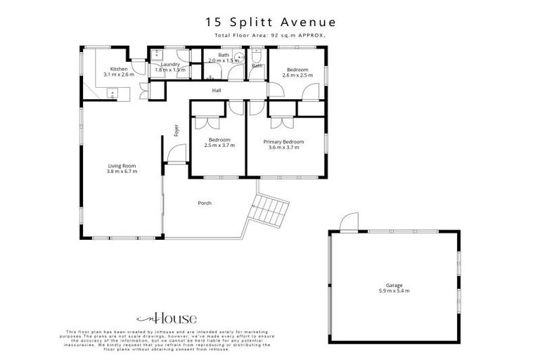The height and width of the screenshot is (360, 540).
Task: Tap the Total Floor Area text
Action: (269, 35)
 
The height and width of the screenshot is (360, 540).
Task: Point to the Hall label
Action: (218, 90)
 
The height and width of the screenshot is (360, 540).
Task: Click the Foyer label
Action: (176, 131)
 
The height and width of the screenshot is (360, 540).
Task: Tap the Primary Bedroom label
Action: (282, 141)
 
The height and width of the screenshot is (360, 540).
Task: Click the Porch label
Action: (205, 203)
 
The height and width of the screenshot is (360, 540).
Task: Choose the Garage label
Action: (394, 285)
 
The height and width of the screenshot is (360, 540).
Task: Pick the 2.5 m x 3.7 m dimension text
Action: (219, 146)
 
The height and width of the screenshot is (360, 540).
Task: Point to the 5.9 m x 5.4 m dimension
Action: (394, 290)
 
